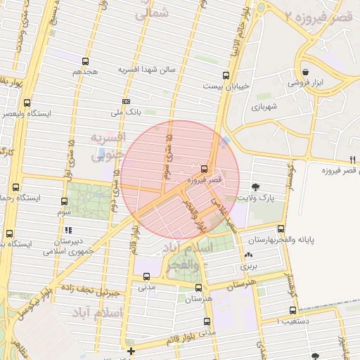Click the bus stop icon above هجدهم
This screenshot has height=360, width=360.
[x=85, y=61]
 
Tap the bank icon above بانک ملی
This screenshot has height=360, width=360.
[x=125, y=101]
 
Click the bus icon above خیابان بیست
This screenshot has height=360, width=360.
[x=226, y=75]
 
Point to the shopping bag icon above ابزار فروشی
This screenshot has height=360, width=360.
[x=305, y=72]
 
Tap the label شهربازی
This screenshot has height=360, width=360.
[x=265, y=106]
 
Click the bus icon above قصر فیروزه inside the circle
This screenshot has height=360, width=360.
[x=204, y=169]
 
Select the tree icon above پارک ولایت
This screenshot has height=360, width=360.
[x=255, y=187]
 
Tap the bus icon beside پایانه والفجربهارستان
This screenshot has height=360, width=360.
[x=281, y=229]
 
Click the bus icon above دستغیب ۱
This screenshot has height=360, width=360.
[x=292, y=310]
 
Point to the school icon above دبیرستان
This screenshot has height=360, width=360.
[x=67, y=229]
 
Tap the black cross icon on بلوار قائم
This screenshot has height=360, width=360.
[x=131, y=350]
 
